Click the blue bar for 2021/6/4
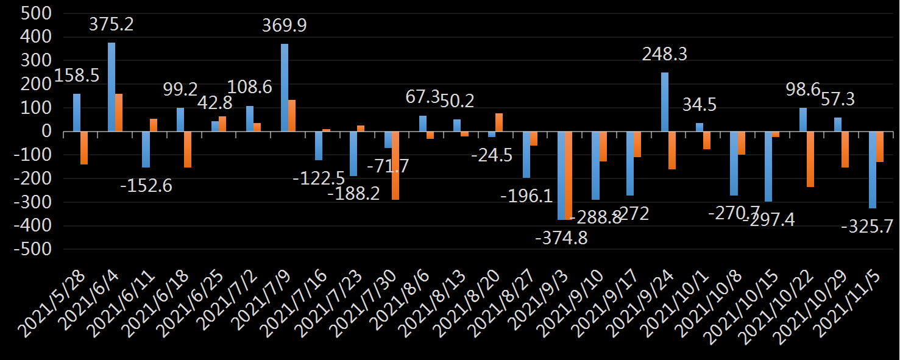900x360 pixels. [112, 87]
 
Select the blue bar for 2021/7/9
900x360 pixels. [285, 88]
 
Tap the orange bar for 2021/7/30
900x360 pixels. [395, 166]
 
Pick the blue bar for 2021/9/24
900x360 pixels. [665, 102]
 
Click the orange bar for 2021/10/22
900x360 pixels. [810, 159]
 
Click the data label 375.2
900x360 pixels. [112, 25]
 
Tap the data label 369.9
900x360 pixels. [285, 26]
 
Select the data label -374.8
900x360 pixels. [561, 238]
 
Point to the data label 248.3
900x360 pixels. [665, 55]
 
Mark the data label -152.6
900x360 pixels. [146, 185]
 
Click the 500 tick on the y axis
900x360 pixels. [37, 14]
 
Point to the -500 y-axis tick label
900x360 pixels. [33, 250]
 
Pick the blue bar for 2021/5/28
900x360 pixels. [77, 113]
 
